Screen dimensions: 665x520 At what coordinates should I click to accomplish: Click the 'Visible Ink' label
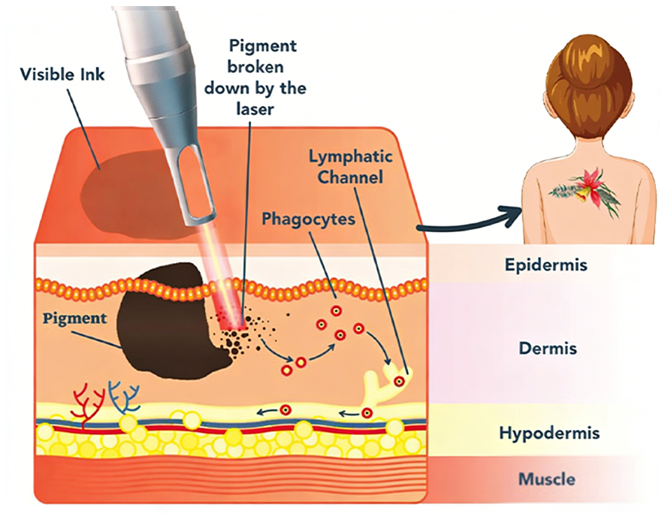(62, 74)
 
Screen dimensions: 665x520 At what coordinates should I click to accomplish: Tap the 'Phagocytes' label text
(308, 219)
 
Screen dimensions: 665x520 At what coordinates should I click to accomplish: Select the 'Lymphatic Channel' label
(350, 167)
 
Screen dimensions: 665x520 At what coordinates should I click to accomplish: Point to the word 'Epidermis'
(546, 265)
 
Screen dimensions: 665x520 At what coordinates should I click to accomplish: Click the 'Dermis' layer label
(548, 348)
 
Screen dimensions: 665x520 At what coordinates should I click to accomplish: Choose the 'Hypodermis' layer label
(549, 433)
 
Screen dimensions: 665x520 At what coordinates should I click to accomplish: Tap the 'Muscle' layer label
(547, 479)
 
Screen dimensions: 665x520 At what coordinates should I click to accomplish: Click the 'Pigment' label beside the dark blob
(74, 319)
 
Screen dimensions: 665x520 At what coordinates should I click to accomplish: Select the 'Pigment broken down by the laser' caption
(255, 77)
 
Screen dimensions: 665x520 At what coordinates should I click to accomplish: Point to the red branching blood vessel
(88, 405)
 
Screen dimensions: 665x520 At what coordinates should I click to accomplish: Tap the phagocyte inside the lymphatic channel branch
(399, 381)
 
